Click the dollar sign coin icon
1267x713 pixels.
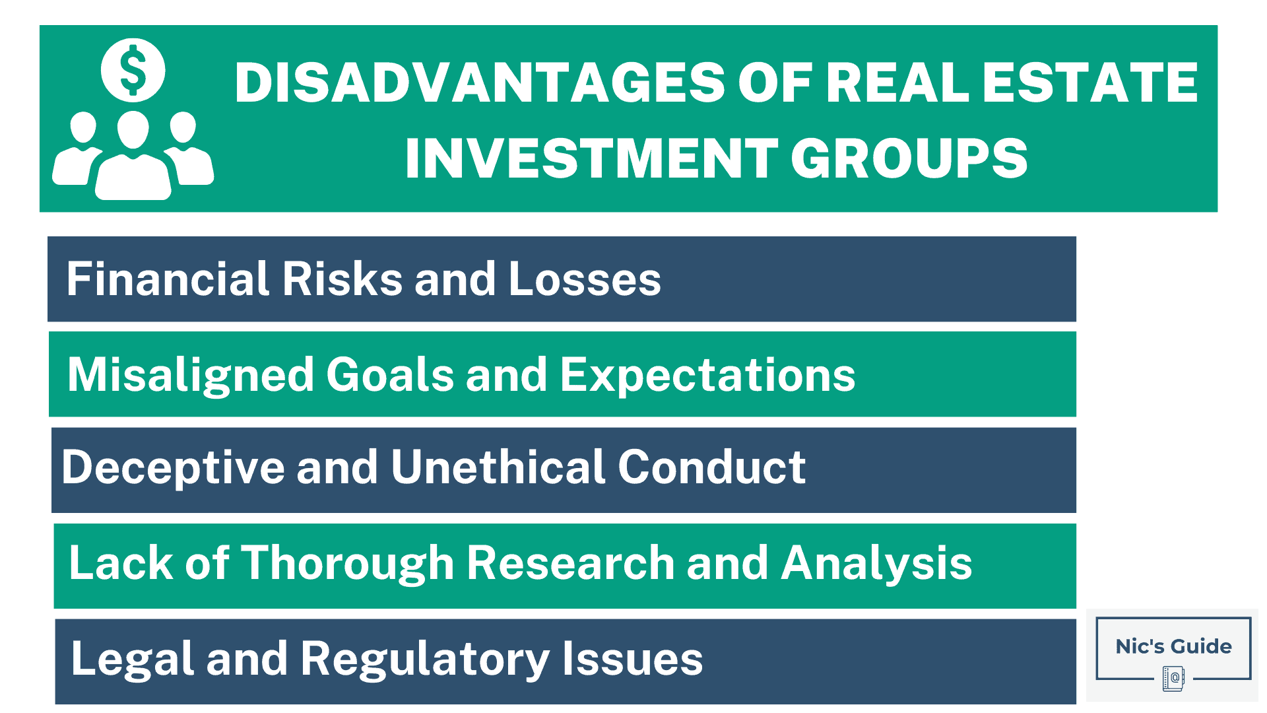[x=133, y=70]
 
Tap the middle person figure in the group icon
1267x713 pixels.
[x=133, y=158]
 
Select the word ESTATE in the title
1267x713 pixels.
[x=1089, y=83]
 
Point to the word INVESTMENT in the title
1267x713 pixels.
[x=591, y=158]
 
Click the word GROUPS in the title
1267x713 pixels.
[x=909, y=158]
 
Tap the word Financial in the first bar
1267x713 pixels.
[x=168, y=279]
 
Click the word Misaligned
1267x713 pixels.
[x=191, y=374]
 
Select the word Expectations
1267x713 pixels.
[x=707, y=374]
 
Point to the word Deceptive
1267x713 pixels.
[x=173, y=467]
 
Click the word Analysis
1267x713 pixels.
[x=876, y=563]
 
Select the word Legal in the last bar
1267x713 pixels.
[x=133, y=659]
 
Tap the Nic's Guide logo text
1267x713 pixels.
[x=1173, y=646]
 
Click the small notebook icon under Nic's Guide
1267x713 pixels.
[x=1173, y=678]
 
